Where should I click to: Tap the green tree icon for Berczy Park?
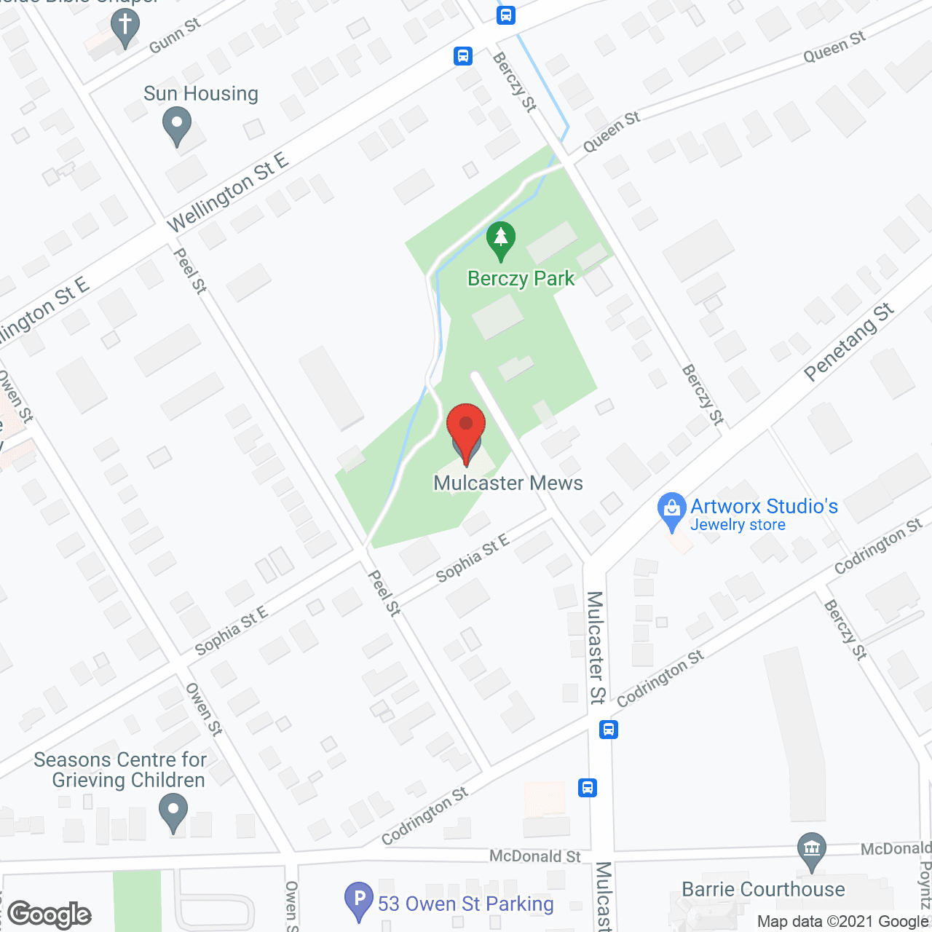point(500,240)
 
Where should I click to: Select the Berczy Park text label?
point(521,279)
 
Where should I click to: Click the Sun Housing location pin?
point(177,125)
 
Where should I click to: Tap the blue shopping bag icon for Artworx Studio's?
point(671,511)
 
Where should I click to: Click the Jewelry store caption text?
point(738,525)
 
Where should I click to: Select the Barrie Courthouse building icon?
point(811,850)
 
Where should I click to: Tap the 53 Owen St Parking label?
point(466,904)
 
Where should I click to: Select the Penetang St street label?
point(849,342)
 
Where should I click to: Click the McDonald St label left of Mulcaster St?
point(535,856)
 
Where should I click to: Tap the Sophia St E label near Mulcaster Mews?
point(472,558)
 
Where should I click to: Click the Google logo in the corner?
point(50,915)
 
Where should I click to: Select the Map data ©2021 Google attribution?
point(843,922)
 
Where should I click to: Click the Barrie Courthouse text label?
point(763,890)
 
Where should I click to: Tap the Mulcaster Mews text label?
point(508,483)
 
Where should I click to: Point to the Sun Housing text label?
point(201,94)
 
